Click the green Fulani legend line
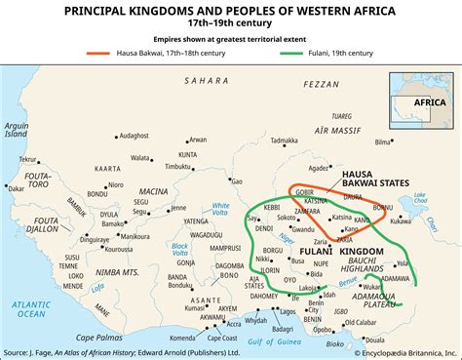point(317,52)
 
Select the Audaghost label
point(107,135)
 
